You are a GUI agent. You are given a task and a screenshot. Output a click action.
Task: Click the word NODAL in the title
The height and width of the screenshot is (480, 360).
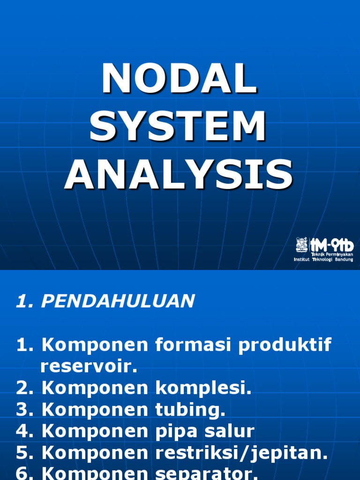coord(180,80)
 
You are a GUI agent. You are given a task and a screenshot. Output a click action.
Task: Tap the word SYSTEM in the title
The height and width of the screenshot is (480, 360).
coord(179,127)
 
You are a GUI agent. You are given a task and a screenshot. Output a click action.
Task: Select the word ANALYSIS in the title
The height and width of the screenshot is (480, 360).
coord(179,174)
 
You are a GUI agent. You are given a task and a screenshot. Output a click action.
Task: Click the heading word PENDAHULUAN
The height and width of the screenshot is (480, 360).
coord(117,301)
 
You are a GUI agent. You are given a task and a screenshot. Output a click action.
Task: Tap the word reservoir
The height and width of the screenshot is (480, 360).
coord(89,367)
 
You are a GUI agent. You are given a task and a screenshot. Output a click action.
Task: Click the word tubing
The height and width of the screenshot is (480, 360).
coord(190,410)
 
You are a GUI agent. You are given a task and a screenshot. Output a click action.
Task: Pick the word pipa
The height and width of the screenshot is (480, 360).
coord(176,431)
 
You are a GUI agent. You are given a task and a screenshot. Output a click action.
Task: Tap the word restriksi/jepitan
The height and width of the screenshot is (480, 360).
coord(240,453)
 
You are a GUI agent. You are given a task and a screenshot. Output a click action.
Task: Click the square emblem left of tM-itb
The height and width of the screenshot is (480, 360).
coord(301,244)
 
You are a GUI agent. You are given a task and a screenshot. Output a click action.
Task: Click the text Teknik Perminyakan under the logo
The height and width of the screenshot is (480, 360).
coord(332,254)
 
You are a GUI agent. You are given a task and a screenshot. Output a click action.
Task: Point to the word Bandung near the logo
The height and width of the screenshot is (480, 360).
coord(344,260)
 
